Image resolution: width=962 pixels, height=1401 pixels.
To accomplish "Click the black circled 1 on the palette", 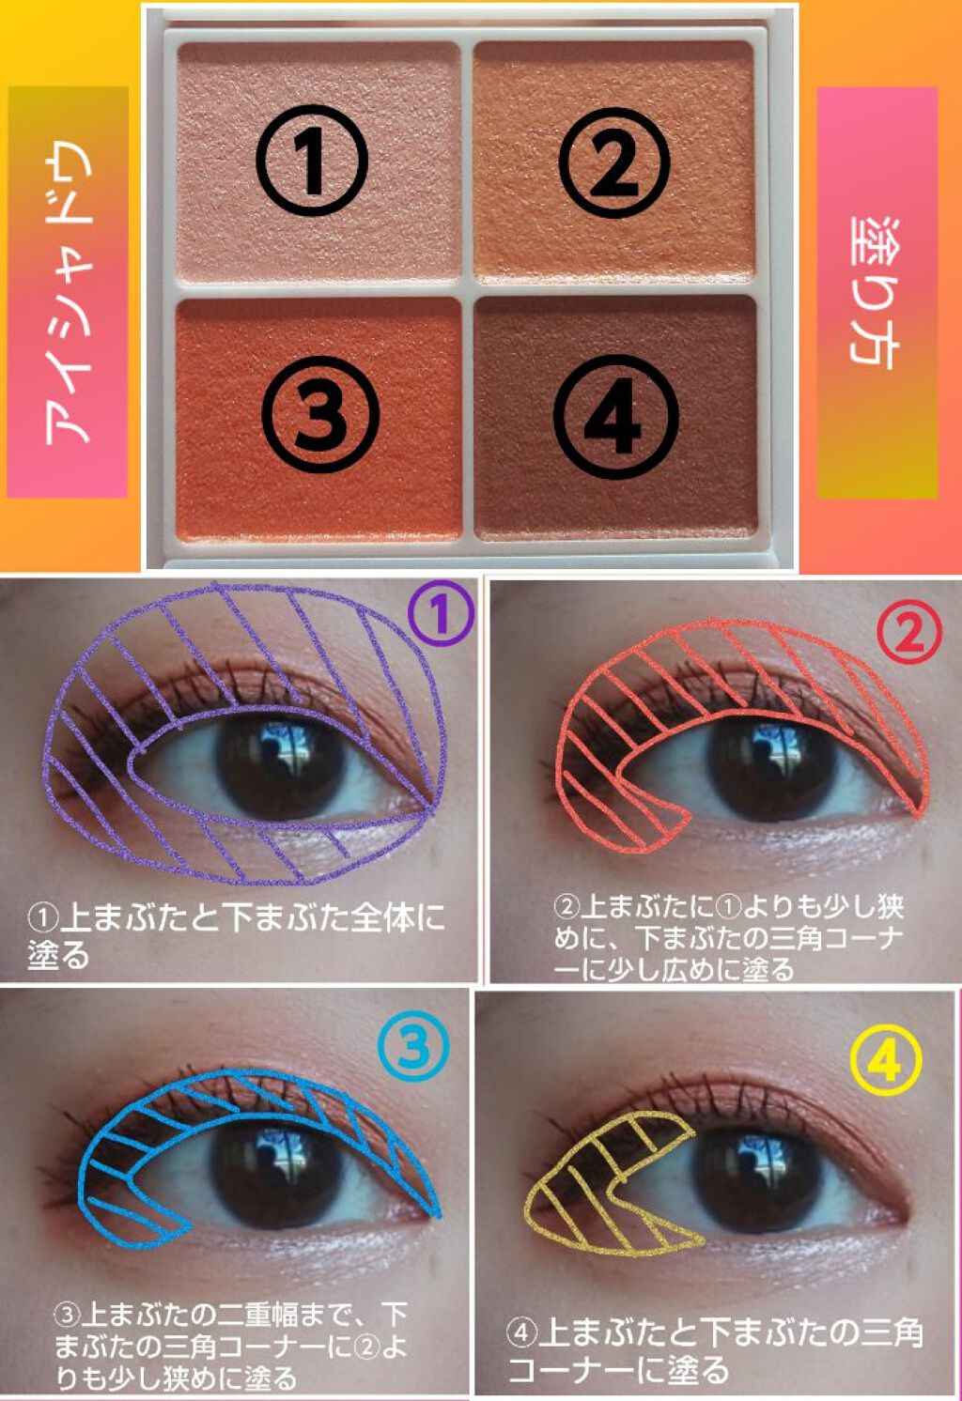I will (x=312, y=162).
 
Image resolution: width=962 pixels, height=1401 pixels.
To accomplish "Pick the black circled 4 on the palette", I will (x=615, y=417).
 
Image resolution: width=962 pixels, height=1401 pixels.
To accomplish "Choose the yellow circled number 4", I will (x=884, y=1061).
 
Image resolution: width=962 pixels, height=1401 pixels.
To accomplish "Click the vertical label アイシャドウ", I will (x=68, y=292).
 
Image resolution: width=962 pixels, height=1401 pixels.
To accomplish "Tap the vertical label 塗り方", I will (x=876, y=291).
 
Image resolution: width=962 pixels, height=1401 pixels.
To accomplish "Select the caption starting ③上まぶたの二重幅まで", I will (x=230, y=1345).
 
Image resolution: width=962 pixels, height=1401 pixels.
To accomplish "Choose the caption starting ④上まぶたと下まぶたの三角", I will (x=714, y=1348).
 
